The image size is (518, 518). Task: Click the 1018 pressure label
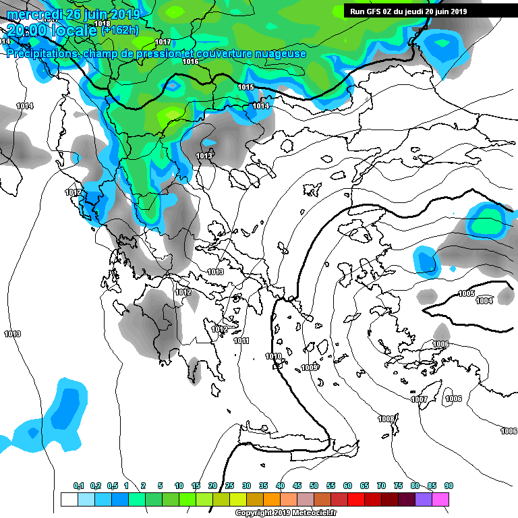pos(103,24)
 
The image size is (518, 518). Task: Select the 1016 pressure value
pos(190,62)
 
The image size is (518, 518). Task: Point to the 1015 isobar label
pos(246,88)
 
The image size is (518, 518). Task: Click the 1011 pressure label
pos(241,341)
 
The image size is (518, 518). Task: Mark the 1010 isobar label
pos(273,356)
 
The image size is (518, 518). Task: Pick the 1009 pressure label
pos(310,368)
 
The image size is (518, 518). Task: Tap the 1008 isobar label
pos(386,420)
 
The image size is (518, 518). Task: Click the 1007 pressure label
pos(419,399)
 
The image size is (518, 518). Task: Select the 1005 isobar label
pos(466,293)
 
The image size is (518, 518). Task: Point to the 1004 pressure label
pos(484,301)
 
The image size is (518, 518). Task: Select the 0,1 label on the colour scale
pos(79,486)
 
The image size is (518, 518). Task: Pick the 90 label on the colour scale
pos(449,486)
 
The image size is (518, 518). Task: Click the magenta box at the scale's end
pos(440,499)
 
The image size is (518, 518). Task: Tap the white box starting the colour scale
pos(69,499)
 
